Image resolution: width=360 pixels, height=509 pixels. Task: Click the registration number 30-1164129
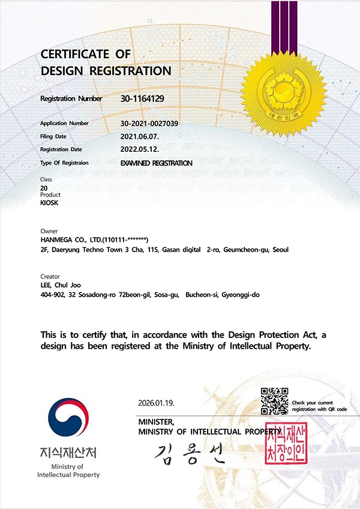click(142, 98)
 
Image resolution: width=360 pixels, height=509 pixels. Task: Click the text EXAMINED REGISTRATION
click(156, 163)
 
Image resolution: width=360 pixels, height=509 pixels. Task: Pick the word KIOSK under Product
click(49, 203)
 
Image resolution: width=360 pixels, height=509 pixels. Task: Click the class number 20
click(44, 188)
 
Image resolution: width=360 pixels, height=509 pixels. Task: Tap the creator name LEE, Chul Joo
click(60, 285)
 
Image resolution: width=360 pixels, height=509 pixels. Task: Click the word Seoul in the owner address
click(280, 248)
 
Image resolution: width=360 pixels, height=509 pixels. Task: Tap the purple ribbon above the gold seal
click(284, 24)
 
